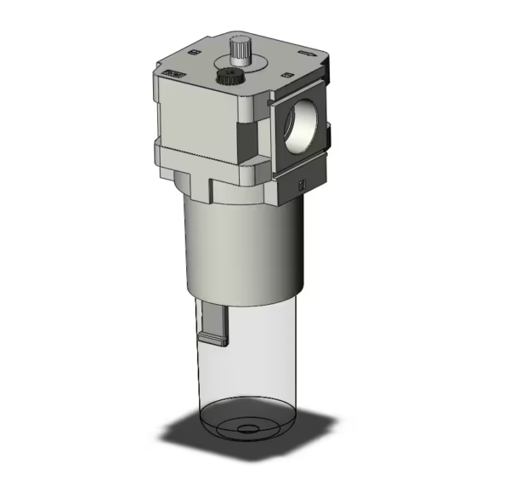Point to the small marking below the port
click(x=303, y=182)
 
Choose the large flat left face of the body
click(x=194, y=119)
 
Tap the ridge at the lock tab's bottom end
click(x=213, y=343)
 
